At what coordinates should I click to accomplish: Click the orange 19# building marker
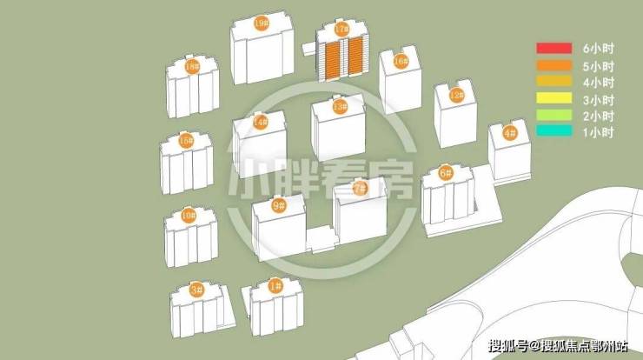(x=262, y=23)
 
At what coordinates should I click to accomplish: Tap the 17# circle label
(x=341, y=30)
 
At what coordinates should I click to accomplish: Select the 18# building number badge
(x=192, y=66)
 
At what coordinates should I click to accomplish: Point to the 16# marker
(x=401, y=62)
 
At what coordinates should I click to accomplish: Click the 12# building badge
(x=456, y=96)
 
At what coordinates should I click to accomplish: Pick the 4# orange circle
(x=510, y=133)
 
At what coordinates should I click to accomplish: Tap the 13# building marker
(x=340, y=107)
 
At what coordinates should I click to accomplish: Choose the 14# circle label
(x=261, y=122)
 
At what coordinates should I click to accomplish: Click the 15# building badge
(x=186, y=141)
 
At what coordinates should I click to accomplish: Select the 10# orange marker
(x=189, y=215)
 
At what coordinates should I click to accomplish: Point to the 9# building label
(x=279, y=205)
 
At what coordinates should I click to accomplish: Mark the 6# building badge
(x=446, y=173)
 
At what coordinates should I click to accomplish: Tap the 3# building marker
(x=196, y=290)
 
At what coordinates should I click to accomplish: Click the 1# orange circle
(x=275, y=286)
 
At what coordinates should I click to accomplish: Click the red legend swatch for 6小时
(x=554, y=48)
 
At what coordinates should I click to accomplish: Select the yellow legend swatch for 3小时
(x=554, y=97)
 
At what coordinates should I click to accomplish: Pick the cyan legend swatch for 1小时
(x=554, y=131)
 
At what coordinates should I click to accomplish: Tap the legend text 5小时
(x=599, y=66)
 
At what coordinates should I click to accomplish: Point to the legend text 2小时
(x=599, y=117)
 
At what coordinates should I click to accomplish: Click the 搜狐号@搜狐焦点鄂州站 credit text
(x=558, y=346)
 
